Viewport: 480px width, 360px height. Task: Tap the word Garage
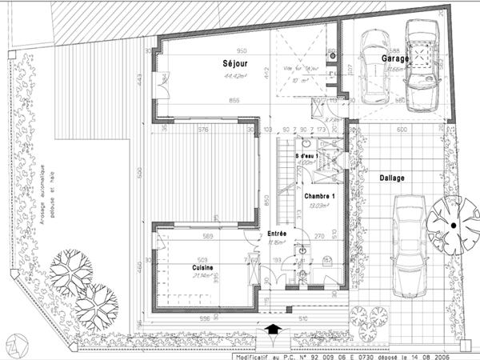(396, 58)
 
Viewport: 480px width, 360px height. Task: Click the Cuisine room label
(202, 267)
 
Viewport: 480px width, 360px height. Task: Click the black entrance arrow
(272, 327)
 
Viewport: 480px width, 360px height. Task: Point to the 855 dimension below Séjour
(234, 100)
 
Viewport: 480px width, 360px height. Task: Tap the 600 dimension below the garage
(403, 130)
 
